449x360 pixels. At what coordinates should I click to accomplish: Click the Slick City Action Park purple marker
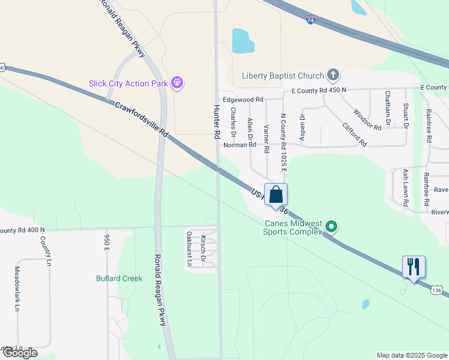(x=176, y=83)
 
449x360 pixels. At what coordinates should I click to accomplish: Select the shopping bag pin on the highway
(x=276, y=195)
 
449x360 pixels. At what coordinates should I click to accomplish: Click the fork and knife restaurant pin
(x=414, y=266)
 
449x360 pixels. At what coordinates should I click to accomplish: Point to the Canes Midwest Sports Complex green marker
(x=331, y=227)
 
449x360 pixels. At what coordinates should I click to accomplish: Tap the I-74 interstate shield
(x=310, y=20)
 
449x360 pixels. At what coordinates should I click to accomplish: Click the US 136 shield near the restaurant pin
(x=436, y=290)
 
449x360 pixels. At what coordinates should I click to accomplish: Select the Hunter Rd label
(x=217, y=122)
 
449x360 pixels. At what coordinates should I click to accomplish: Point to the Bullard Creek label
(x=119, y=278)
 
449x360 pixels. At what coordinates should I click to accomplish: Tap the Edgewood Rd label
(x=243, y=100)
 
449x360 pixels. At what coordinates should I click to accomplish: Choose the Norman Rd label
(x=240, y=145)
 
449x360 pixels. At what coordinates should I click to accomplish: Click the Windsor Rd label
(x=367, y=119)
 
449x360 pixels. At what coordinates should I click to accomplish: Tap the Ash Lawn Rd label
(x=406, y=188)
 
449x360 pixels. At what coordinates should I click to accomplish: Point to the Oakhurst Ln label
(x=188, y=248)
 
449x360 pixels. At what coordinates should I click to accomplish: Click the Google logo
(x=19, y=353)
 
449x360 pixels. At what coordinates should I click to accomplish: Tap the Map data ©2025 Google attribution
(x=411, y=355)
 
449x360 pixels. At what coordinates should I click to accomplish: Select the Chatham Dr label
(x=388, y=108)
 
